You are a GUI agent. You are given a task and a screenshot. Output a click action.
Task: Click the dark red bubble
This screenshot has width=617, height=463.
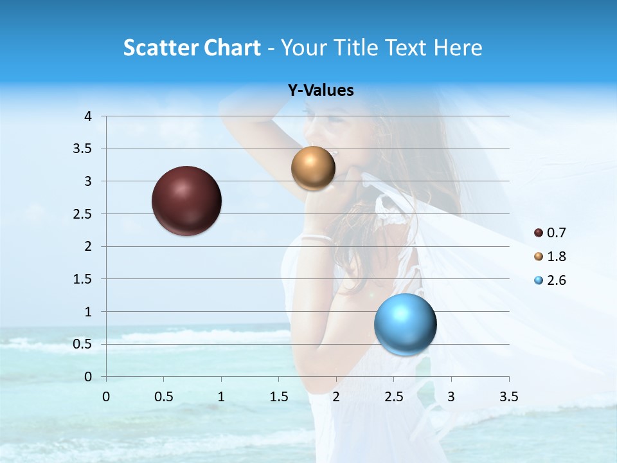coord(186,201)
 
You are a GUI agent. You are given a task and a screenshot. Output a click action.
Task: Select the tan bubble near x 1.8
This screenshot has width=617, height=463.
coord(313,168)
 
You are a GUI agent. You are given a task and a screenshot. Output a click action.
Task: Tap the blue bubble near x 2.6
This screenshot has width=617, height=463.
coord(405,324)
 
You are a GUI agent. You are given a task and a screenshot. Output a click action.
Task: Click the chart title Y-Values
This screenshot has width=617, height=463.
coord(321,91)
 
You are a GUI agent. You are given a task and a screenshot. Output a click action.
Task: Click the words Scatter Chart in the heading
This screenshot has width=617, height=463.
coord(192,48)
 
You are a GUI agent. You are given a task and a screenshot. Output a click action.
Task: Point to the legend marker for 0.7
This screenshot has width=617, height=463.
coord(539,233)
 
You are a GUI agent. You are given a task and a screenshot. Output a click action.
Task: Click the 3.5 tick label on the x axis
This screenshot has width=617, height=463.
coord(509,397)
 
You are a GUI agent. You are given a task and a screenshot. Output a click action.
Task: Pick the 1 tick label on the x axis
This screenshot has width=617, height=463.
coord(221,397)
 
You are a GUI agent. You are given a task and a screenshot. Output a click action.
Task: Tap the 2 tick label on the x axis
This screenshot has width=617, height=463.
coord(336,397)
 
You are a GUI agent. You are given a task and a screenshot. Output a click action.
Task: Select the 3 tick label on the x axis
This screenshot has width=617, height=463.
coord(451,397)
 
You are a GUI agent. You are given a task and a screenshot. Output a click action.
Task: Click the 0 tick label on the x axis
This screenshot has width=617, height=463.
coord(106,397)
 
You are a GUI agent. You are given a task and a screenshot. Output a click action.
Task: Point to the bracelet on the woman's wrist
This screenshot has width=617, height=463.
coord(316,238)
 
